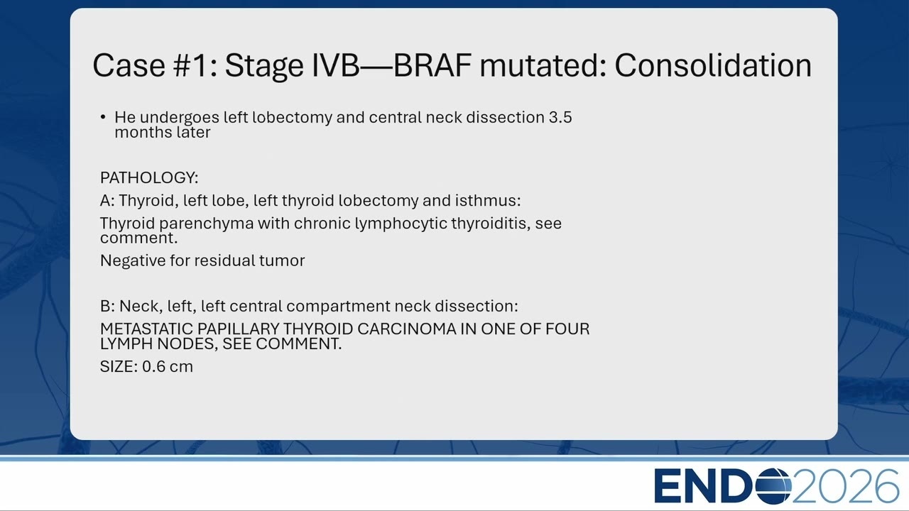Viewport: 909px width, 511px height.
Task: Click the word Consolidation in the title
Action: [713, 66]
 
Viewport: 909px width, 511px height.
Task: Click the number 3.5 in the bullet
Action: [560, 118]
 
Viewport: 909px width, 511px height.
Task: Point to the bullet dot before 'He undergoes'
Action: [103, 118]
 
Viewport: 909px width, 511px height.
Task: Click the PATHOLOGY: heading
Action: [149, 177]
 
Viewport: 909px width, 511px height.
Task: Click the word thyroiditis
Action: [489, 224]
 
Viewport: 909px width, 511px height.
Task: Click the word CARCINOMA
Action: [407, 329]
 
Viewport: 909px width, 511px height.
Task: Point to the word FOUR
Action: [567, 329]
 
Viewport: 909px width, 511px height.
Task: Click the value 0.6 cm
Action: [167, 367]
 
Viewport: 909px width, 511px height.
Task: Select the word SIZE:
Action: [119, 367]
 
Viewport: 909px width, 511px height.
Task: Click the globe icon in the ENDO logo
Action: [773, 486]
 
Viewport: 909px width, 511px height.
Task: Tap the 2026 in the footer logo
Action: [845, 486]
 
